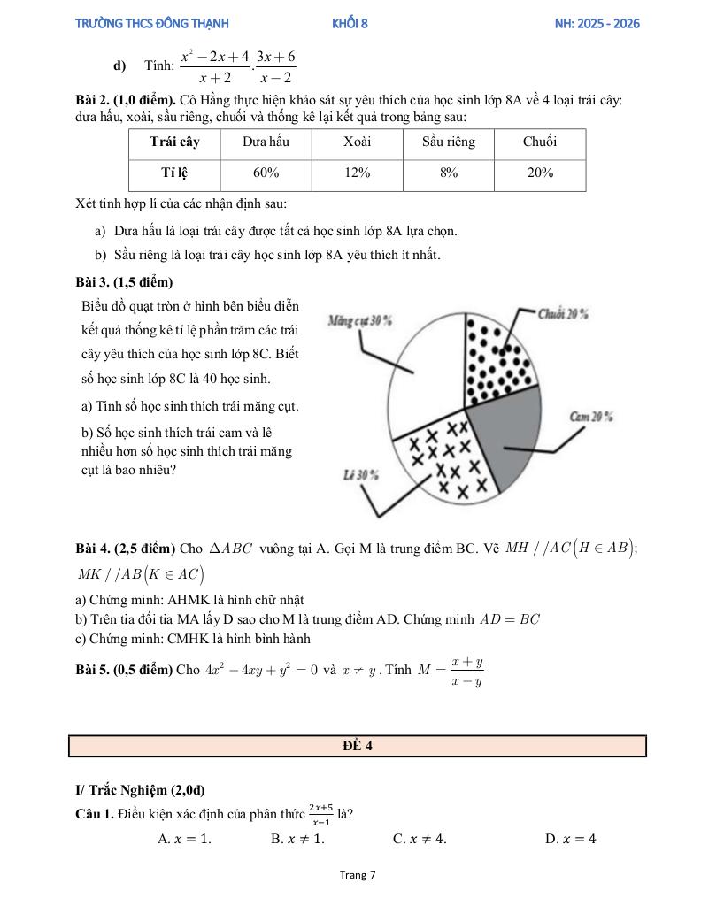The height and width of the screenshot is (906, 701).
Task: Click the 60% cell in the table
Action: coord(266,173)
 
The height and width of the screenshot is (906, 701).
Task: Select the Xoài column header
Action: coord(358,142)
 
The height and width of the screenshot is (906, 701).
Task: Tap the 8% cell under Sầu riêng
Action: coord(449,173)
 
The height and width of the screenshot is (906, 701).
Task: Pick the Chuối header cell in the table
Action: coord(540,142)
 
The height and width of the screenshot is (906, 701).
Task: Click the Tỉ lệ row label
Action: coord(174,173)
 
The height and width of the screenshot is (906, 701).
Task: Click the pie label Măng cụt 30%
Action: coord(360,320)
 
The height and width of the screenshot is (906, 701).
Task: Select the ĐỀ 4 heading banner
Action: coord(358,746)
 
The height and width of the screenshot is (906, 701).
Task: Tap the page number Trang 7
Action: coord(358,875)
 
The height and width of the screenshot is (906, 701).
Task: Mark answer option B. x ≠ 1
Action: coord(297,839)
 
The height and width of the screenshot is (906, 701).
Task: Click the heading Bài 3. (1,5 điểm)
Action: coord(125,282)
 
